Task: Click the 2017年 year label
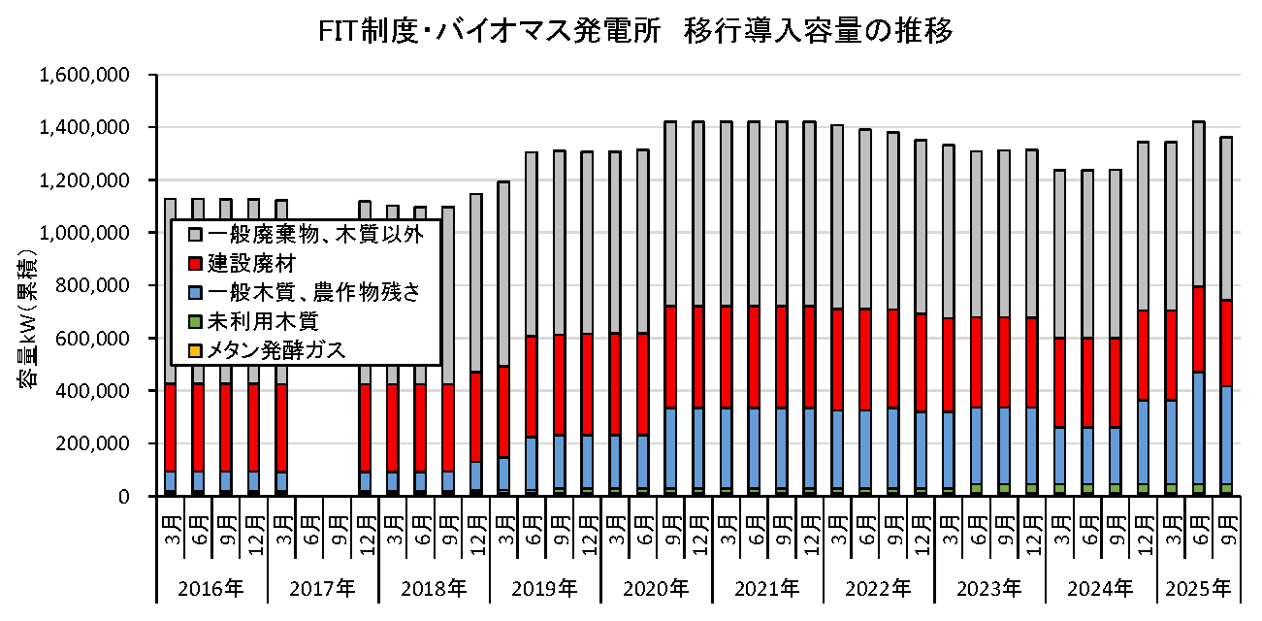[322, 588]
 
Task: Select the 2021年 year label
[767, 588]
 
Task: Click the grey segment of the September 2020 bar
[669, 213]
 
